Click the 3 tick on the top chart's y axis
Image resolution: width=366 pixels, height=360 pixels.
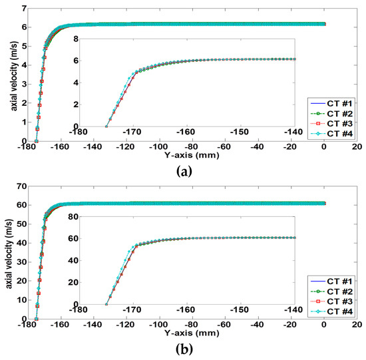[x=25, y=85]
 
